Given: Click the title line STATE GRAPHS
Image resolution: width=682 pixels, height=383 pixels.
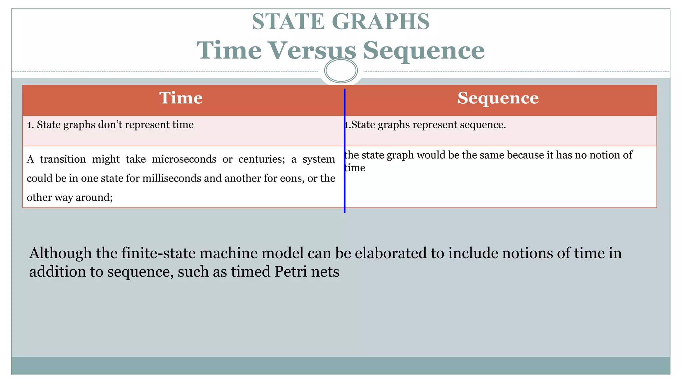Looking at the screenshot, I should pyautogui.click(x=340, y=22).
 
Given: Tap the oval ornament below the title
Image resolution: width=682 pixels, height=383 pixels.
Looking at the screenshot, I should pyautogui.click(x=341, y=70).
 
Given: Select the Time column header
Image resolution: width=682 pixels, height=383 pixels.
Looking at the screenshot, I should pyautogui.click(x=181, y=98).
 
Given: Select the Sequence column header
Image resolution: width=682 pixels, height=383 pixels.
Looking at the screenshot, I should pyautogui.click(x=498, y=98).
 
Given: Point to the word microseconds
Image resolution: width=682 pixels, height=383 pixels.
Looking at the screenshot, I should pyautogui.click(x=184, y=159).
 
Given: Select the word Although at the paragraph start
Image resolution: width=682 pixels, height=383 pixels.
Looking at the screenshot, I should pyautogui.click(x=60, y=253).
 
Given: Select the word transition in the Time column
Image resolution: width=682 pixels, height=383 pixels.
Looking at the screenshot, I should pyautogui.click(x=63, y=159).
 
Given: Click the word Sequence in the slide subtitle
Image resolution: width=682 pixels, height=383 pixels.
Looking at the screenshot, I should pyautogui.click(x=423, y=51).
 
